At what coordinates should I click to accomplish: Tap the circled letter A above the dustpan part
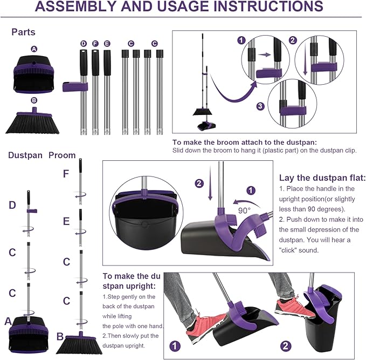pyautogui.click(x=34, y=49)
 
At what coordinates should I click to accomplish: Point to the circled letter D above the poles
pyautogui.click(x=83, y=44)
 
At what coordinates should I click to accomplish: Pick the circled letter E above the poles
pyautogui.click(x=107, y=44)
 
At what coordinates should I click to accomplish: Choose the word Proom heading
pyautogui.click(x=62, y=155)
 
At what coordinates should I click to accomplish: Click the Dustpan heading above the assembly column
pyautogui.click(x=25, y=155)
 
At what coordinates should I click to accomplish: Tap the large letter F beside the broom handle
pyautogui.click(x=66, y=174)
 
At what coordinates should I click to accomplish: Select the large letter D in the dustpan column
pyautogui.click(x=12, y=205)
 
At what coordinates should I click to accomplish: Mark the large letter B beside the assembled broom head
pyautogui.click(x=60, y=337)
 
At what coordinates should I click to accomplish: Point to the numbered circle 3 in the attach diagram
pyautogui.click(x=260, y=106)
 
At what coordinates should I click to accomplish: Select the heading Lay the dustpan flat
pyautogui.click(x=322, y=178)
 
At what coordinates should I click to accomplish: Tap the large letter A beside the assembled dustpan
pyautogui.click(x=8, y=321)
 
